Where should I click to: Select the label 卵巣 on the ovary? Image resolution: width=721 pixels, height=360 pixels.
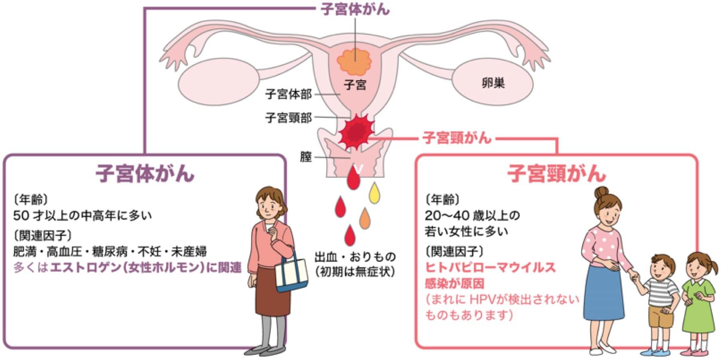pos(493,83)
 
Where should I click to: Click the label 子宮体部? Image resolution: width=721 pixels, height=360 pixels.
pos(288,95)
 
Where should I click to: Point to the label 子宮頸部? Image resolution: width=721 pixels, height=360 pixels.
pos(288,118)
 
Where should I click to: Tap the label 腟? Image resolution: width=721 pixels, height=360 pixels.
pos(306,157)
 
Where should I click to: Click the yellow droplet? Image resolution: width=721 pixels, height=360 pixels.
pos(374,192)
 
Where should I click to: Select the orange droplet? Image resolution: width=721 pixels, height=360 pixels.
pos(365,218)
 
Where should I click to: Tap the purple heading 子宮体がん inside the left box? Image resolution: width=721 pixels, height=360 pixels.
pos(145,174)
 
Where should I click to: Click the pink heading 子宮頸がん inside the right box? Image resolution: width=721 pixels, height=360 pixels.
pos(557,174)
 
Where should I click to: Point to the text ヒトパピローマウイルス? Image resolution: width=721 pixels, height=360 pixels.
pos(491,267)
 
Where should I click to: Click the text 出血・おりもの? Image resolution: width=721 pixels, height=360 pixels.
pos(355,256)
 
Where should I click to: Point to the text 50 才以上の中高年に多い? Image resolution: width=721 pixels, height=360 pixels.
pos(83,216)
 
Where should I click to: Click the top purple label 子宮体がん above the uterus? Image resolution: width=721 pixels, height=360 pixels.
pos(355,9)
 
